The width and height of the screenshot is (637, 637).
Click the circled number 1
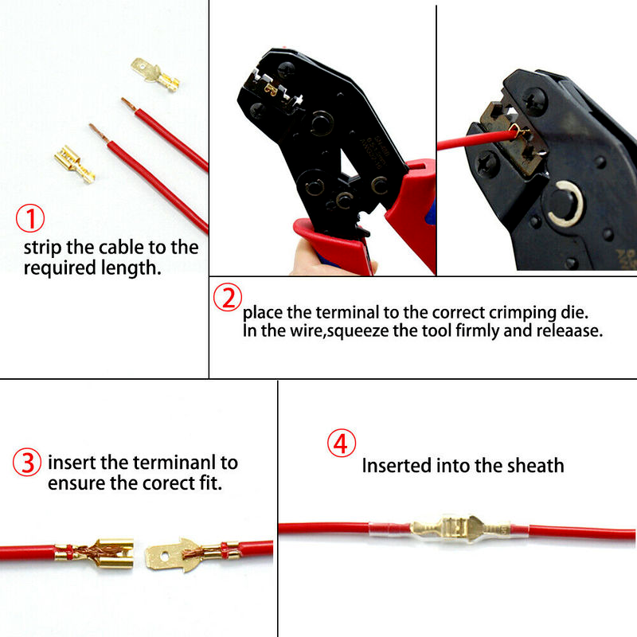coord(30,218)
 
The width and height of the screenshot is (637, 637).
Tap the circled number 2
coord(228,297)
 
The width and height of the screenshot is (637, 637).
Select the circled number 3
coord(27,463)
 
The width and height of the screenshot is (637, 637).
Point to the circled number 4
coord(342,443)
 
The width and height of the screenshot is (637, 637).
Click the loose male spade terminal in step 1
coord(155,74)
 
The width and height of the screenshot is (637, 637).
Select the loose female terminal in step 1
coord(75,164)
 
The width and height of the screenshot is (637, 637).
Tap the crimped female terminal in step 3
coord(96,553)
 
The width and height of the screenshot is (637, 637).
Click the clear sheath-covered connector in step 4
coord(449,529)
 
